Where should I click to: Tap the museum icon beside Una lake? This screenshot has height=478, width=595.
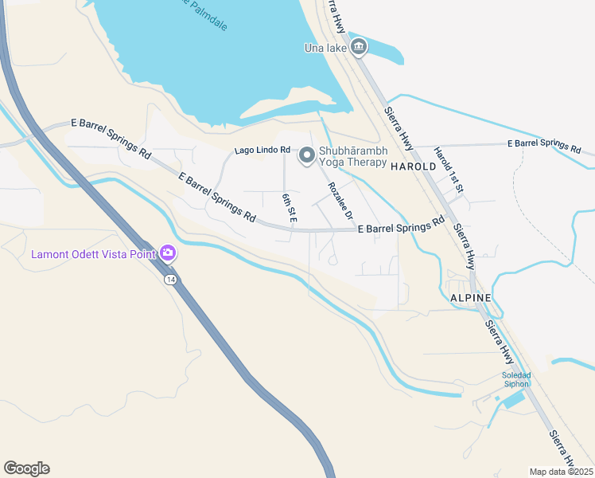[x=359, y=48]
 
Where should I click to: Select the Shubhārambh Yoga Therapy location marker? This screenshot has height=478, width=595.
[x=307, y=157]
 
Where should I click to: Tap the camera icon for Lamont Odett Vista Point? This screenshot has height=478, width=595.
[x=168, y=254]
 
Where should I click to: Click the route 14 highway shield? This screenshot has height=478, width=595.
[x=170, y=280]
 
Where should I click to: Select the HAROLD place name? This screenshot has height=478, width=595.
[x=413, y=167]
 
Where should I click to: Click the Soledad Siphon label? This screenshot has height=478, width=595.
[x=515, y=379]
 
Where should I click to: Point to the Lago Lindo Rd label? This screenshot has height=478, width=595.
[x=262, y=151]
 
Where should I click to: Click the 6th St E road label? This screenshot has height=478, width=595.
[x=289, y=206]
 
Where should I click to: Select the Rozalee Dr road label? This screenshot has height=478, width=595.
[x=340, y=202]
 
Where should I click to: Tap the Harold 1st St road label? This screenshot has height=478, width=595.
[x=449, y=170]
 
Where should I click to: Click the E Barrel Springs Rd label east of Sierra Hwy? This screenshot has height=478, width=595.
[x=545, y=145]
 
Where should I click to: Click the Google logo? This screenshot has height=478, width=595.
[x=26, y=468]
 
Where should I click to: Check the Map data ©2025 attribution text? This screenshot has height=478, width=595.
[x=561, y=472]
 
